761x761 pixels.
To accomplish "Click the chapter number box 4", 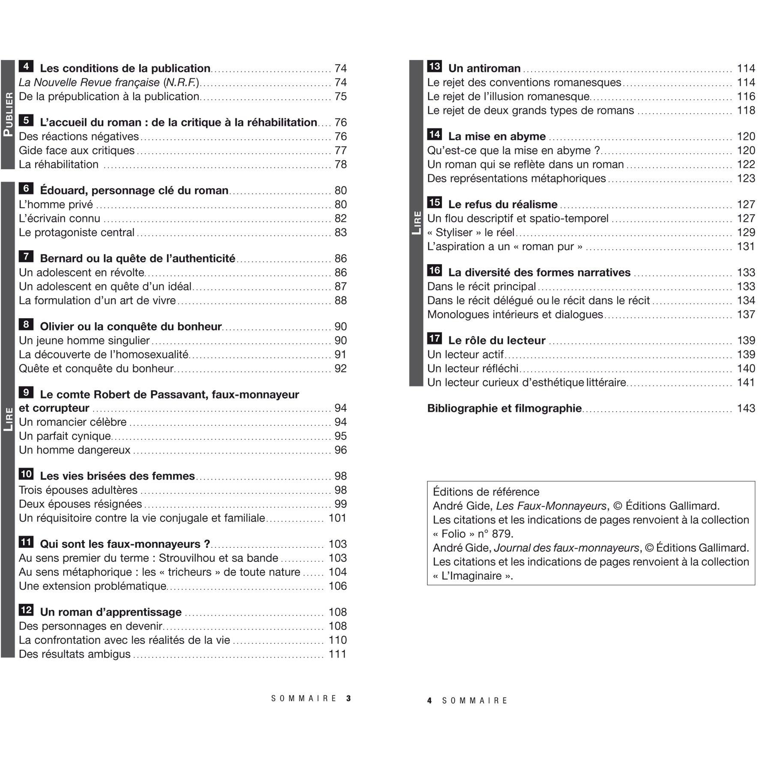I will tap(26, 66).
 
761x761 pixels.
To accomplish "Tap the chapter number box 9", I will tap(26, 392).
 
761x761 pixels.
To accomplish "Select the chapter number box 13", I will tap(434, 66).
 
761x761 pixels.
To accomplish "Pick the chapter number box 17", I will tap(434, 338).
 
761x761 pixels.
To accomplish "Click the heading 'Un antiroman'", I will tap(484, 68).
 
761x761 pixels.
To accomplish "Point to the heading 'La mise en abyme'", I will tap(497, 136).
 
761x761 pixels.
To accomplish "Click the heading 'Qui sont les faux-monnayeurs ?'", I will tap(125, 544).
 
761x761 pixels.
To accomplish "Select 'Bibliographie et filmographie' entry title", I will tap(504, 408).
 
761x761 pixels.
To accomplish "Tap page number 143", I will tap(746, 408).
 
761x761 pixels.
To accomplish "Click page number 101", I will tap(337, 518).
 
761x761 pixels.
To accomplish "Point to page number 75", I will tap(340, 96).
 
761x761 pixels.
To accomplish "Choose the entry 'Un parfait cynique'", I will tap(65, 436).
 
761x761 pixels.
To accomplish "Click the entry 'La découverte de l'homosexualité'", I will tap(104, 355).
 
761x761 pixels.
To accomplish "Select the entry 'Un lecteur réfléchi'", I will tap(472, 368).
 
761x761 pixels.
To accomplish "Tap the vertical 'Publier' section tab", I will tap(8, 114).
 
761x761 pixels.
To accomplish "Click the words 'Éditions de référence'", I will tap(486, 492).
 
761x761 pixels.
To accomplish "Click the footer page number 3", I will tap(349, 698).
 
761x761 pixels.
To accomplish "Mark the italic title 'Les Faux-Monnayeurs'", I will tap(551, 506).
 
